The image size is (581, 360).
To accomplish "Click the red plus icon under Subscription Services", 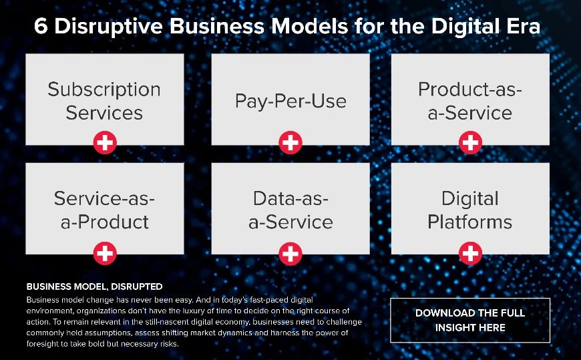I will click(105, 142).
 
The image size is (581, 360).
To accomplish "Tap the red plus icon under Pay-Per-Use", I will click(290, 142).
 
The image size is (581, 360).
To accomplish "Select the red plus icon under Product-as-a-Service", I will click(471, 142).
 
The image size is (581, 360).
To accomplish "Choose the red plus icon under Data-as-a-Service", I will click(290, 252).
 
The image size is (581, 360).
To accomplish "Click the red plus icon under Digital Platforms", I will click(471, 252).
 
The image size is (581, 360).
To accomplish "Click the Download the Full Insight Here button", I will click(470, 320).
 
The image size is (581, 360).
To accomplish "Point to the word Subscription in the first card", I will click(104, 89).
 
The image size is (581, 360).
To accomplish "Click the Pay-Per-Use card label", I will click(290, 101).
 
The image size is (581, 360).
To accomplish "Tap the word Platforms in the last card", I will click(470, 222).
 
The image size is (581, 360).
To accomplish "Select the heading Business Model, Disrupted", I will click(94, 287).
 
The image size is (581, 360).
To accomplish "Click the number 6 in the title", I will click(40, 28).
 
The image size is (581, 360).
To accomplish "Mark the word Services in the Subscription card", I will click(104, 112).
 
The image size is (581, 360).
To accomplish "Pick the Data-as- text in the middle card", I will click(290, 198).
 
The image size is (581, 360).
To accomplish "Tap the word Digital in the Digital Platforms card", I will click(470, 199).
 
